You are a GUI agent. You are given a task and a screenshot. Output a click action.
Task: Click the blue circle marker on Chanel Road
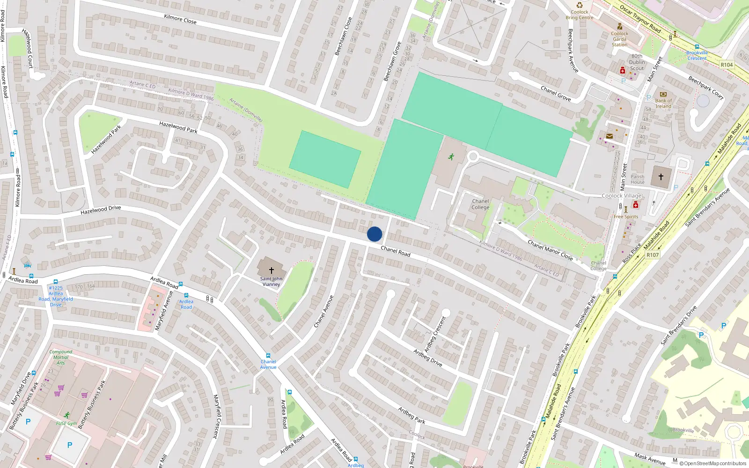click(374, 234)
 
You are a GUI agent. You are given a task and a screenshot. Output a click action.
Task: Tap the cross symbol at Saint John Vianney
click(271, 270)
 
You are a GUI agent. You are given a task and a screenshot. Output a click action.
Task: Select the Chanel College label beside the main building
click(480, 204)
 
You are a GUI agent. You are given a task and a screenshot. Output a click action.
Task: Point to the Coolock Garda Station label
click(619, 39)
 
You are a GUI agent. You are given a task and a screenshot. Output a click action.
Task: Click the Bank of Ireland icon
click(663, 94)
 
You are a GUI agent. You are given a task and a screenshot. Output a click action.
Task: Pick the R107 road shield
click(653, 255)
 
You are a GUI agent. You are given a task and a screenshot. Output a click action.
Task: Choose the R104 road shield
click(727, 65)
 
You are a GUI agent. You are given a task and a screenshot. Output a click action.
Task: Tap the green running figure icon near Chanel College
click(451, 157)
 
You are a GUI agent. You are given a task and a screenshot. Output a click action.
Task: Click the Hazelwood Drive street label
click(101, 210)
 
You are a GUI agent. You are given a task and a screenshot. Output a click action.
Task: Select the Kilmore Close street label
click(180, 19)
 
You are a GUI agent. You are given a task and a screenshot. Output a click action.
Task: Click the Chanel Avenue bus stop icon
click(268, 356)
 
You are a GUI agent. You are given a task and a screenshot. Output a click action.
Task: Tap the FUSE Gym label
click(66, 424)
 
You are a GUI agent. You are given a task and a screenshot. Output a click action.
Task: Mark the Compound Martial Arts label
click(61, 357)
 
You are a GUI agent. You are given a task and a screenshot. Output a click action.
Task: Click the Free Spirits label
click(626, 217)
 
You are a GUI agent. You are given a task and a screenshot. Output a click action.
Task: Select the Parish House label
click(637, 179)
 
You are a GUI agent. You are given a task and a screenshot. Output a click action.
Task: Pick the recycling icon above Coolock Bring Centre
click(580, 5)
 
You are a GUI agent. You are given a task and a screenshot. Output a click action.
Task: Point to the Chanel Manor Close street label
click(550, 250)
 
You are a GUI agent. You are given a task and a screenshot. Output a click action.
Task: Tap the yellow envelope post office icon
click(609, 136)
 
